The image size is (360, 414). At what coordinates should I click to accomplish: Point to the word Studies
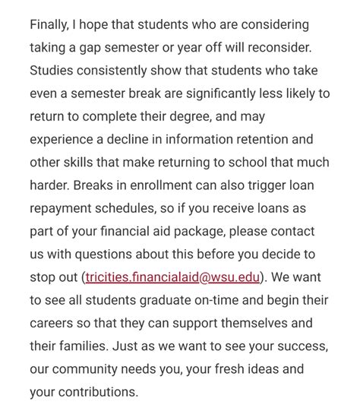[54, 71]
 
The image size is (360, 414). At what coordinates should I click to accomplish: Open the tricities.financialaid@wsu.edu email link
[185, 278]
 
